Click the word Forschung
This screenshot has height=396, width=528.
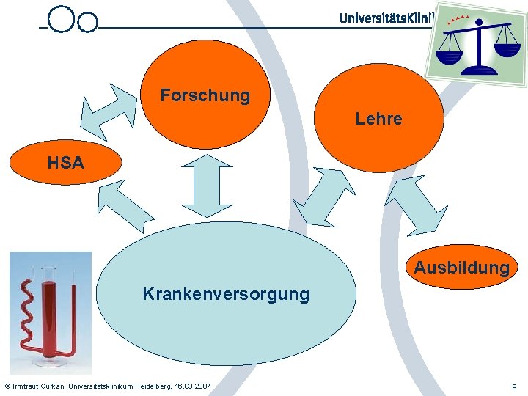(x=205, y=96)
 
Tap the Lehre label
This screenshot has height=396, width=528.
(x=378, y=119)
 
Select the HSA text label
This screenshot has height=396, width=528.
(x=66, y=163)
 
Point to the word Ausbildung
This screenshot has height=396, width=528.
(x=461, y=268)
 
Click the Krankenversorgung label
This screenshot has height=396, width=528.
(x=226, y=295)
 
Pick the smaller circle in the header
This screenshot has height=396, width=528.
(x=87, y=23)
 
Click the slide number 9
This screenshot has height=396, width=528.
(x=514, y=386)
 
